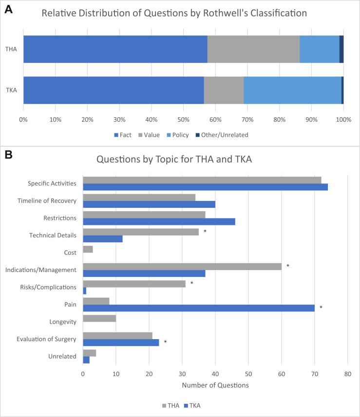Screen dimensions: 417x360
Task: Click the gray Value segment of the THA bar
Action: (x=253, y=49)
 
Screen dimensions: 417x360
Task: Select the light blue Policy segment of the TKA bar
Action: (x=292, y=90)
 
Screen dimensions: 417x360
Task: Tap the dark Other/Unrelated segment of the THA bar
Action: (x=341, y=49)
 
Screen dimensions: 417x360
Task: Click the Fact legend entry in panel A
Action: (x=122, y=135)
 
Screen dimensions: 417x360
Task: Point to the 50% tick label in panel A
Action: (x=183, y=120)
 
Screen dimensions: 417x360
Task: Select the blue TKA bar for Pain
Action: (x=199, y=308)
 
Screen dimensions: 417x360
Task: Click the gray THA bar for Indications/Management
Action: (x=182, y=266)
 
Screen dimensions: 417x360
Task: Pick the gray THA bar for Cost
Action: (x=88, y=249)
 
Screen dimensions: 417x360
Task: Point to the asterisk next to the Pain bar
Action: (x=321, y=308)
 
